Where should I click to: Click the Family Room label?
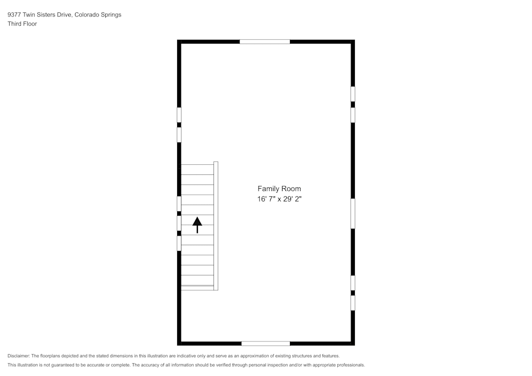279,188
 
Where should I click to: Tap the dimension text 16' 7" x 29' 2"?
279,199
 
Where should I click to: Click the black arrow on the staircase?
197,225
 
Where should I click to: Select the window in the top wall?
264,41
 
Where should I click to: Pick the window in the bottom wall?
265,344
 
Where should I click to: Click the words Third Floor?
22,24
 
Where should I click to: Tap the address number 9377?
14,14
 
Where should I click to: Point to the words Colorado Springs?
98,14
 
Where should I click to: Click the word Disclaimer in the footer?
19,356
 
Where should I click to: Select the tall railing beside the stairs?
216,226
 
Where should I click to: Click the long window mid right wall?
353,214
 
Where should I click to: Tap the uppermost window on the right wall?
353,94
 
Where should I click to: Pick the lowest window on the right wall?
353,303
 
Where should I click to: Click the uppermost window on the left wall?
179,115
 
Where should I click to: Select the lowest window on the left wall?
179,244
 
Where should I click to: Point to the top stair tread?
197,170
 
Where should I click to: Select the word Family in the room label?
268,189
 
